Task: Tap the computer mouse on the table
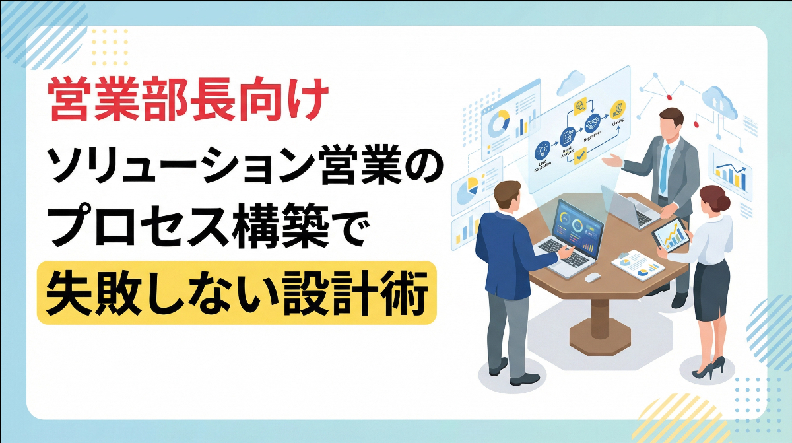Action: (592, 277)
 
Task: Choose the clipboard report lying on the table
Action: (637, 264)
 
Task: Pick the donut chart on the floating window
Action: (500, 121)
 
